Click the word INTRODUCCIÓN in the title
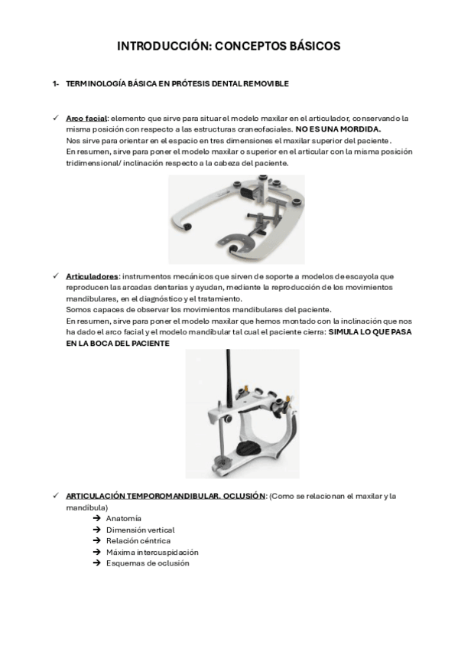(164, 46)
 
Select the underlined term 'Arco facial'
(86, 119)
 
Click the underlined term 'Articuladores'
(93, 276)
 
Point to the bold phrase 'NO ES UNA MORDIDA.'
(338, 129)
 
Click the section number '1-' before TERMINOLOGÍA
(56, 83)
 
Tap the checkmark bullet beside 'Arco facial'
(56, 118)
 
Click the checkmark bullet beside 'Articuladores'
(56, 276)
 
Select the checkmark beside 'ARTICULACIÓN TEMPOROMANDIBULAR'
(56, 495)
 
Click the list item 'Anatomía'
(124, 519)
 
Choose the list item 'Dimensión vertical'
(141, 530)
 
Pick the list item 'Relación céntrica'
(138, 541)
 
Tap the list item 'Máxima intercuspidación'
(152, 552)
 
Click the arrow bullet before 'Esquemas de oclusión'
(97, 563)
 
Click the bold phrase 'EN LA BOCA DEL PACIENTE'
(118, 344)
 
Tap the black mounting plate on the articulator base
(248, 448)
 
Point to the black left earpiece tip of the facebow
(187, 226)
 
